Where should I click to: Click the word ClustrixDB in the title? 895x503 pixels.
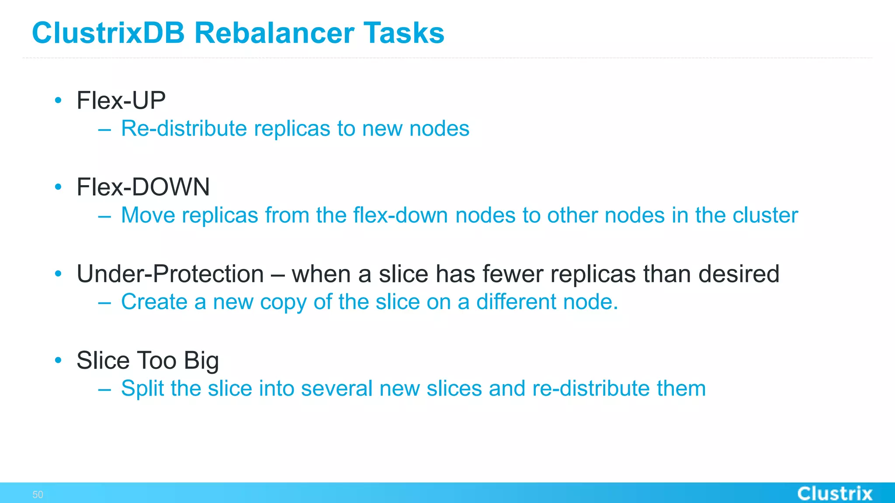(x=108, y=33)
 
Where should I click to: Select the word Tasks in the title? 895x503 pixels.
(x=403, y=33)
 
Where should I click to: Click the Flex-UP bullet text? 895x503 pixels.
(x=121, y=100)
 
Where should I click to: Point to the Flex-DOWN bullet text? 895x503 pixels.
(x=143, y=187)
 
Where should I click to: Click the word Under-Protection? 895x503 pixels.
(x=170, y=274)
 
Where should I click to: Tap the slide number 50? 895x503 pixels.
(x=38, y=495)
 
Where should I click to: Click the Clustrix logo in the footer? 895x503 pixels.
(x=835, y=494)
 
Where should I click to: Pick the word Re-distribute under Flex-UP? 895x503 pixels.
(x=184, y=128)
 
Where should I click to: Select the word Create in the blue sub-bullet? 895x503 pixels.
(x=154, y=302)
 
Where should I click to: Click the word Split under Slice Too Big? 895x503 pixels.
(x=142, y=389)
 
